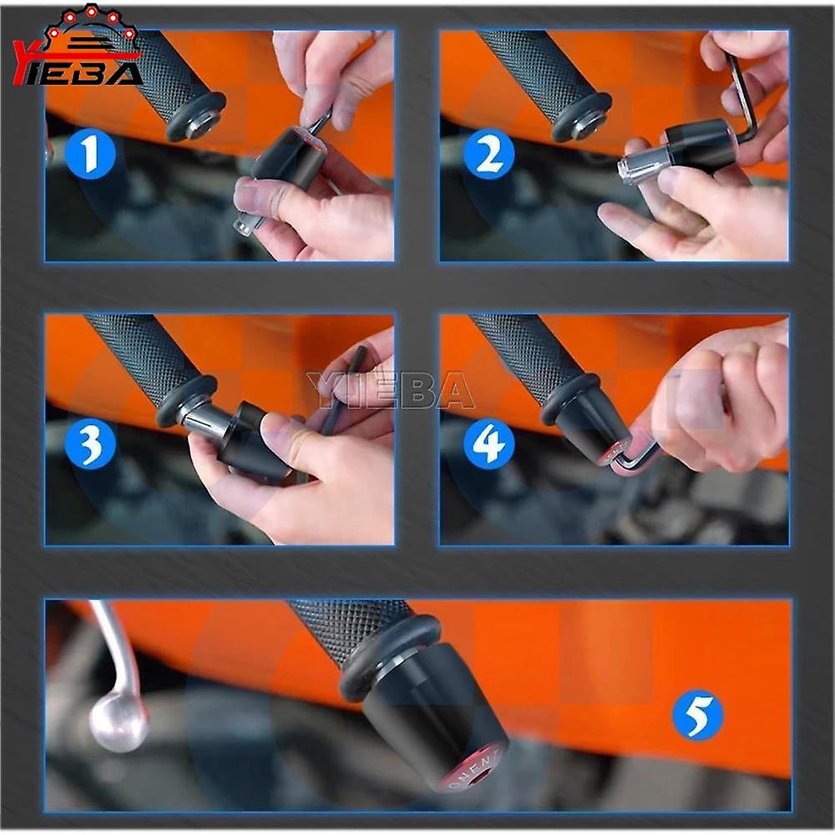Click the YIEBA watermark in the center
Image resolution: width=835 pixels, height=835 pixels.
tap(390, 391)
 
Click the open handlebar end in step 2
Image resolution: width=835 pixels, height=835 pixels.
tap(588, 123)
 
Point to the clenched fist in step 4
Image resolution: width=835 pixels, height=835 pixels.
tap(718, 401)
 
